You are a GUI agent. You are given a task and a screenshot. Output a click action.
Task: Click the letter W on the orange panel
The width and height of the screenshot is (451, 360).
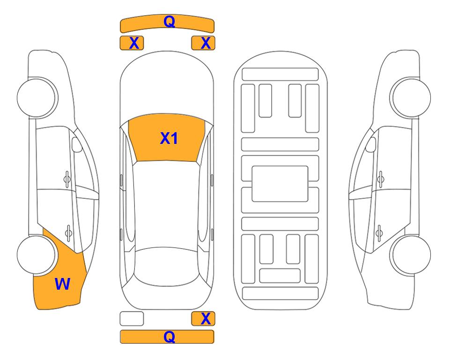pos(62,284)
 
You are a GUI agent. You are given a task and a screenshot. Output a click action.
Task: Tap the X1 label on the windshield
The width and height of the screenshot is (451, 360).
pos(169,138)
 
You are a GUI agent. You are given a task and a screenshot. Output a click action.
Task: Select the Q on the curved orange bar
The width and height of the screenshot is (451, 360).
pos(170,22)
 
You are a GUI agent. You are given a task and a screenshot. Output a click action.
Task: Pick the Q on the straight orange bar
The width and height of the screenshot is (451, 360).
pos(170,337)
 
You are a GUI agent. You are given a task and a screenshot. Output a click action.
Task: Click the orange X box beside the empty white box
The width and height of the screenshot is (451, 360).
pos(203,319)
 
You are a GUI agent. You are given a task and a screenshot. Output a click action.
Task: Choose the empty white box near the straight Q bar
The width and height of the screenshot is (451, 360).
pos(132,319)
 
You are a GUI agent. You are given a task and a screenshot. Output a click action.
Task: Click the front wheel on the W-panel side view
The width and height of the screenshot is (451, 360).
pos(37,97)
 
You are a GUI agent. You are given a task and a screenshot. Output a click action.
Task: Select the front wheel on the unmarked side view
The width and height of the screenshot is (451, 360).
pos(411,97)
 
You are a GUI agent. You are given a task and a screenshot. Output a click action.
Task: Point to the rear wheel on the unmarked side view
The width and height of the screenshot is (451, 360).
pos(411,255)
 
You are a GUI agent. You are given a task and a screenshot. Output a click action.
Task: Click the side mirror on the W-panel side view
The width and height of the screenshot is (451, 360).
pos(77,145)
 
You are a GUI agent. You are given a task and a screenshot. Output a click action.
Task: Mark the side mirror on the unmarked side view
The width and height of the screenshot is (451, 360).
pos(370,145)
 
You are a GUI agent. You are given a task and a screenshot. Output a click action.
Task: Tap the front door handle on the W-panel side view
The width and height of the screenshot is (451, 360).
pos(67,179)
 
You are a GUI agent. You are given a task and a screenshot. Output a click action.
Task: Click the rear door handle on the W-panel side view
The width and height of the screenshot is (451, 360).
pos(68,232)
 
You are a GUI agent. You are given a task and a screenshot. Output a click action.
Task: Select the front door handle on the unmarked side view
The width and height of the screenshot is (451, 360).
pos(381,179)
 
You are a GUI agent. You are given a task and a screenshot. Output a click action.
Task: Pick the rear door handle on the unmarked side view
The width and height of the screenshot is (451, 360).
pos(379,232)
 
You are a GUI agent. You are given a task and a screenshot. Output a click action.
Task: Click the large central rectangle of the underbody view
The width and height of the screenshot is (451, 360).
pos(280,184)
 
